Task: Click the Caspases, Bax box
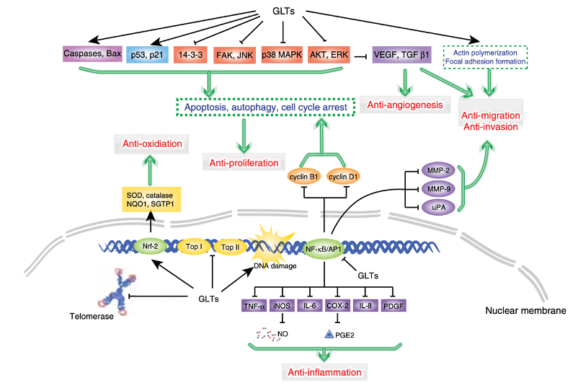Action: [x=91, y=54]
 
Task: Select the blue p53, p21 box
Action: [x=146, y=55]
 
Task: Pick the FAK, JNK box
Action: [x=234, y=55]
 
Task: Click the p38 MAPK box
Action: [x=282, y=55]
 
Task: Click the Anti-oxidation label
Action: [x=151, y=144]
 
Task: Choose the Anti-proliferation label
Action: [x=244, y=163]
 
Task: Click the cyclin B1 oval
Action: [x=306, y=177]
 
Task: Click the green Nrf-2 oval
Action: [x=151, y=246]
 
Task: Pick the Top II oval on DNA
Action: [x=231, y=246]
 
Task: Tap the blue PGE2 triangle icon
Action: [x=329, y=334]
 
